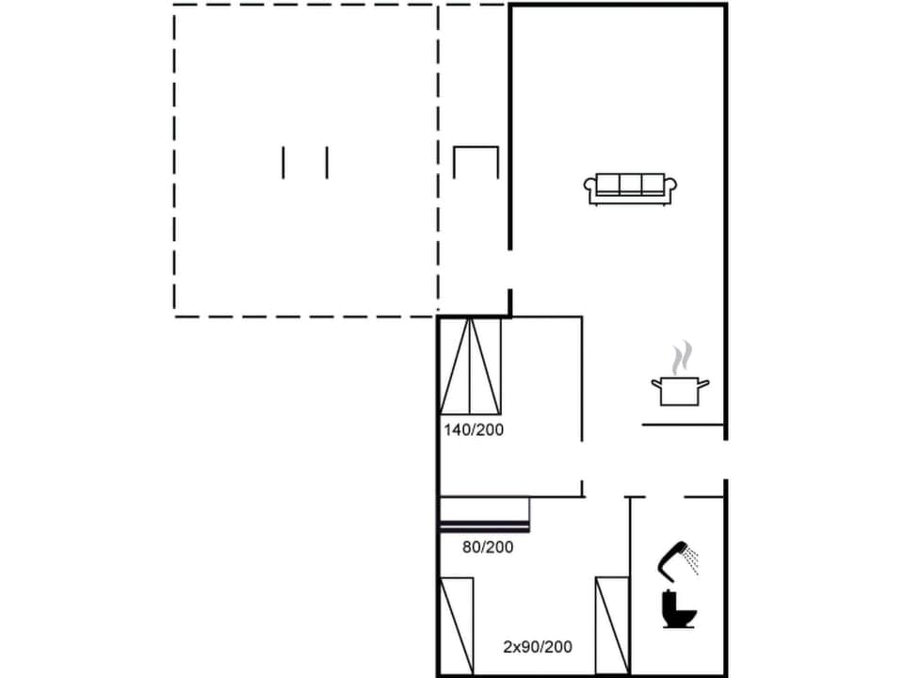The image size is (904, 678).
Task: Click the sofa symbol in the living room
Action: [632, 188]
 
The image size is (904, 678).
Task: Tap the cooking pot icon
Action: [679, 390]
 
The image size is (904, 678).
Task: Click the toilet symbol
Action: [678, 610]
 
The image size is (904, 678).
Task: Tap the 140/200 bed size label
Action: [475, 430]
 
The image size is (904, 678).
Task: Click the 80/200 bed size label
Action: [489, 546]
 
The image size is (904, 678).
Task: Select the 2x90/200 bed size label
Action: [537, 647]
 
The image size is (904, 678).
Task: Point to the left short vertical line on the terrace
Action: [283, 162]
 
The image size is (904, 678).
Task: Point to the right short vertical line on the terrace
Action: [327, 162]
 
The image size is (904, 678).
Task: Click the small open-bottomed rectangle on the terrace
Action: [475, 162]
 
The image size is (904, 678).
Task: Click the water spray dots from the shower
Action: [693, 561]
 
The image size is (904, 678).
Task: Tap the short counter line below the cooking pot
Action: [683, 426]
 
